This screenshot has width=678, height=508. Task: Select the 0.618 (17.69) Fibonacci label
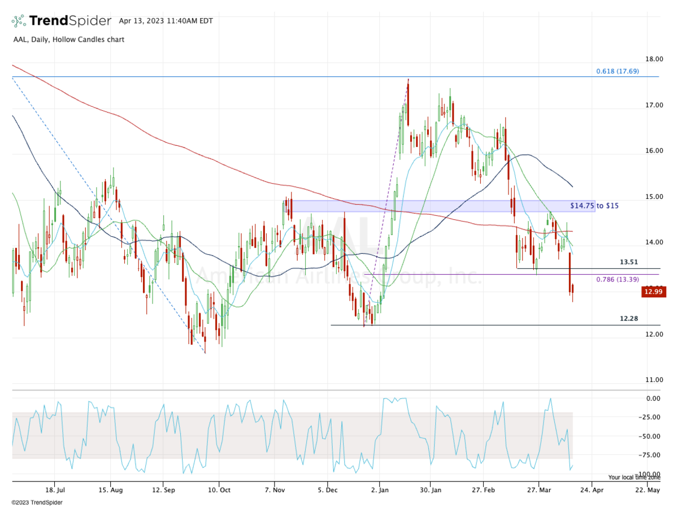[x=618, y=71]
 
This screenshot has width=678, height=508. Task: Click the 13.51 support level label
[x=629, y=262]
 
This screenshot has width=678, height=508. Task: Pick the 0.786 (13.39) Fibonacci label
[x=618, y=279]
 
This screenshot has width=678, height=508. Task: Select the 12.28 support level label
[x=629, y=319]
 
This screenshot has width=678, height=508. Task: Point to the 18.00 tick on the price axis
[x=655, y=59]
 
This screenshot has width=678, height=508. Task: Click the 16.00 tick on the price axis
[x=655, y=151]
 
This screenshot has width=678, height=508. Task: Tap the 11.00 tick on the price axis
[x=655, y=380]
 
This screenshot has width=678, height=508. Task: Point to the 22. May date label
[x=646, y=489]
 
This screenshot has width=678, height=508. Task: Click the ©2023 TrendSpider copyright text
[x=37, y=502]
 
